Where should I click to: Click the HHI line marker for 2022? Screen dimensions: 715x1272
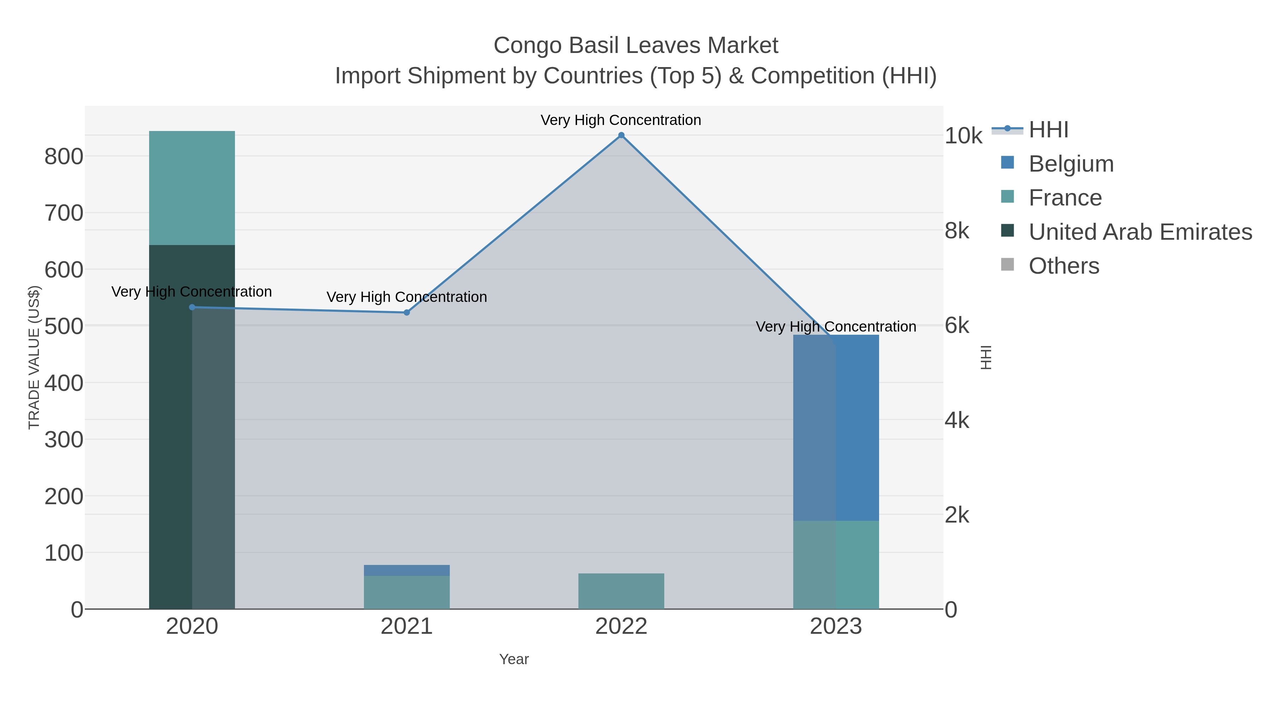(x=621, y=135)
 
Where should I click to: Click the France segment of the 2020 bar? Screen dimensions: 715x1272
(x=192, y=187)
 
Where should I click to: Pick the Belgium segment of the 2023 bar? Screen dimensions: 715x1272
(x=836, y=427)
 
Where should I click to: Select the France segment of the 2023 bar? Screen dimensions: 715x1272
(x=836, y=565)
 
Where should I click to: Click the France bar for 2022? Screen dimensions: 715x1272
(x=621, y=591)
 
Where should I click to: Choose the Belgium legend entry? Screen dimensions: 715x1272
(x=1071, y=164)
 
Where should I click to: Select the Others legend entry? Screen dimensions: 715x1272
(x=1064, y=266)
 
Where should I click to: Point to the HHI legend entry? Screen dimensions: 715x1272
(x=1048, y=130)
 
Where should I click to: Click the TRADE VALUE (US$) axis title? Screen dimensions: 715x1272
(x=34, y=357)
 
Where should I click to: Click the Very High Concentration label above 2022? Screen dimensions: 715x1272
(x=621, y=120)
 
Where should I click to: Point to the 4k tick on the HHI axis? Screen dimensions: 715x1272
(x=957, y=421)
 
